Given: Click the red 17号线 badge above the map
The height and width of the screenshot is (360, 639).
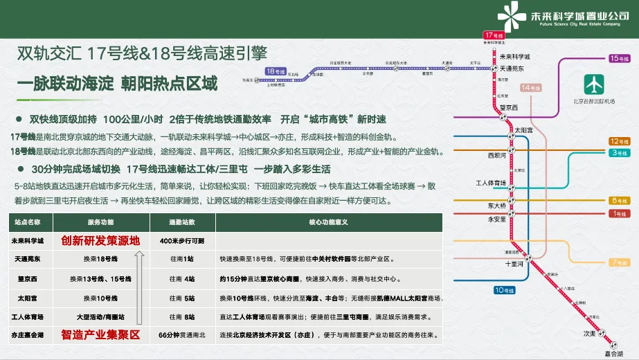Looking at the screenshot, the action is coord(494,35).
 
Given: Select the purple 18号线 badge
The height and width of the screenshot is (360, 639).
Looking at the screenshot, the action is coord(276,71).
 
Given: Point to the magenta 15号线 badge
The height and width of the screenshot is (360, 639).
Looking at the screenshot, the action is coord(618,59).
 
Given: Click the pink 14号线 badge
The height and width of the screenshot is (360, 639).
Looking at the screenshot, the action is coord(532,88).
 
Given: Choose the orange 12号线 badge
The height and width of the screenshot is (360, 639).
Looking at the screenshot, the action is coord(618,141).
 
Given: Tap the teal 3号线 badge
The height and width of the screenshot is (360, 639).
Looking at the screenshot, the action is coord(618,152).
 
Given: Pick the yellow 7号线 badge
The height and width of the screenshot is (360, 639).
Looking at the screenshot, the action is coord(618,262).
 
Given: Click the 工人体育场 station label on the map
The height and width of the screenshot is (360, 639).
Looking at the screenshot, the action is coord(492,183).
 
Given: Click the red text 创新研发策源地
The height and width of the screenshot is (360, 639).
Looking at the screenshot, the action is coord(100,241).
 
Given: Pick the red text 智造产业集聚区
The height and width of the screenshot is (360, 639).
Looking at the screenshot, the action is coord(100,335).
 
